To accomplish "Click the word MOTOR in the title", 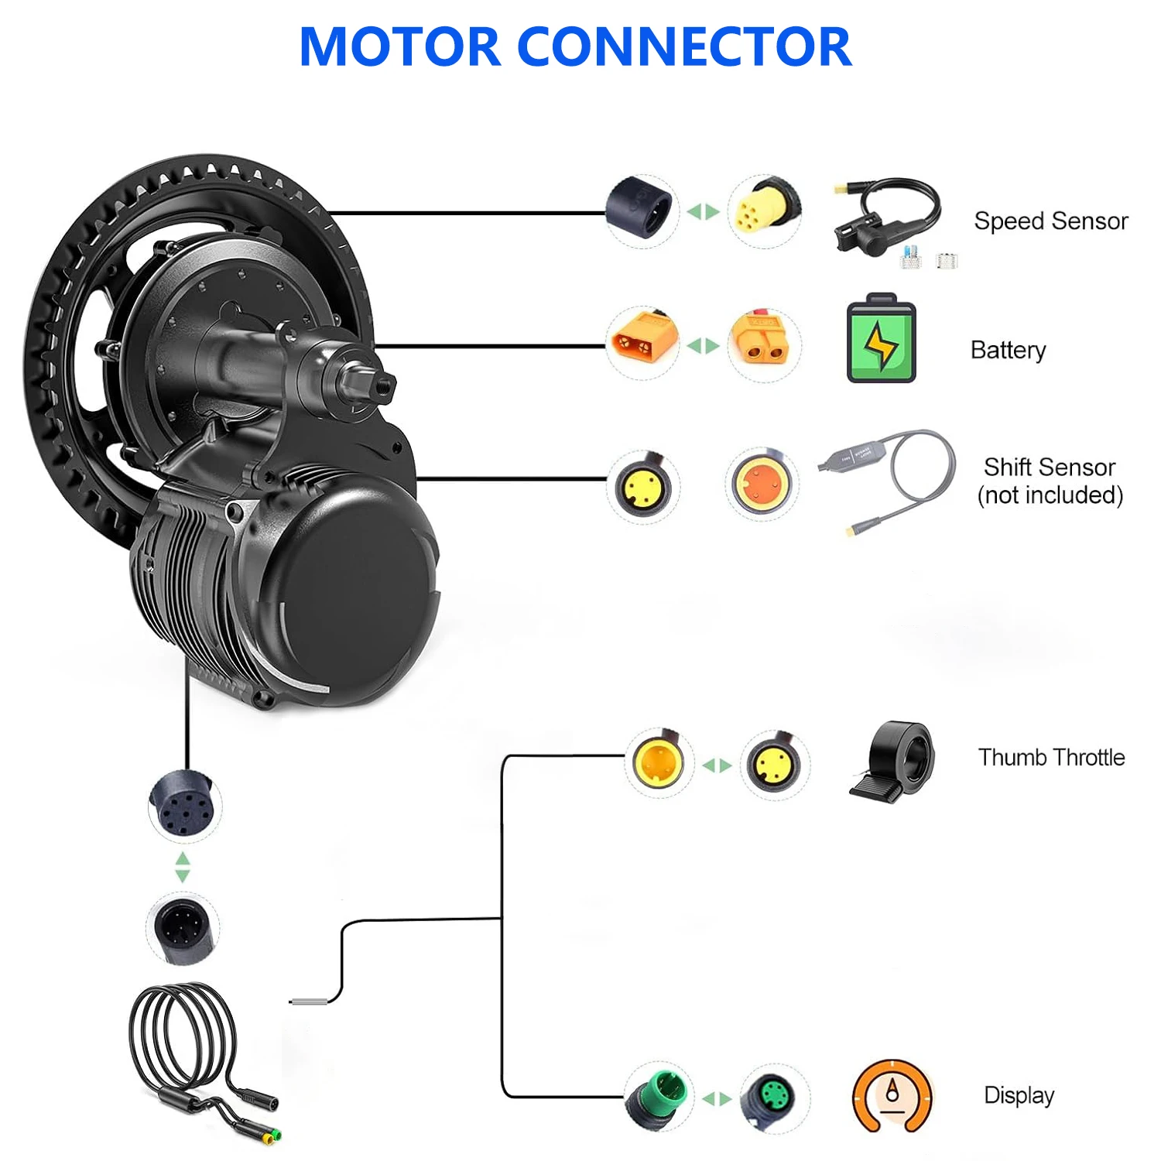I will point(400,47).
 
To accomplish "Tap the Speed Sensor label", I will point(1050,221).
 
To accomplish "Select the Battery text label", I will point(1008,350).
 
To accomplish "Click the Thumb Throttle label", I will point(1051,757).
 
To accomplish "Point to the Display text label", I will point(1019,1095).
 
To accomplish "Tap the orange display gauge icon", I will point(892,1096).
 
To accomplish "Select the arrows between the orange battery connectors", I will point(703,345).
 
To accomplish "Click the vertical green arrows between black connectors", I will point(183,867).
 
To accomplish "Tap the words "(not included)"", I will point(1050,495).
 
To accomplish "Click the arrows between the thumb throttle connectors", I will point(717,765).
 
